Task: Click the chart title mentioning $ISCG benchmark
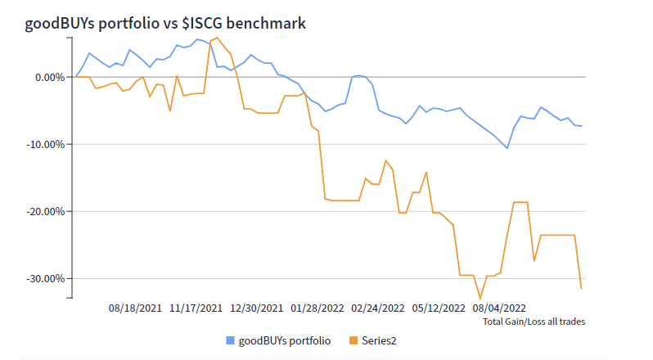[166, 24]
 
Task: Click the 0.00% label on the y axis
[47, 78]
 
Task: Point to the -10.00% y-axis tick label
[44, 145]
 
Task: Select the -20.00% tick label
[44, 211]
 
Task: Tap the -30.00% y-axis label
[44, 278]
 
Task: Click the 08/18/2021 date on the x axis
[135, 309]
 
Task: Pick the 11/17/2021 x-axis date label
[196, 309]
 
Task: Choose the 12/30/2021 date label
[256, 309]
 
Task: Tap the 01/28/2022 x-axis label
[317, 309]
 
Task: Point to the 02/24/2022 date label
[377, 309]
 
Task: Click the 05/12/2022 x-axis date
[438, 309]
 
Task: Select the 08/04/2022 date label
[498, 309]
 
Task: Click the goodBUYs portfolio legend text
[285, 340]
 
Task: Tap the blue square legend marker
[230, 340]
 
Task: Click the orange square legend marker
[354, 340]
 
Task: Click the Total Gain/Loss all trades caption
[534, 322]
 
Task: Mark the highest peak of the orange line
[217, 38]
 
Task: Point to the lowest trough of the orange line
[480, 299]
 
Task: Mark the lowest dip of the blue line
[507, 148]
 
